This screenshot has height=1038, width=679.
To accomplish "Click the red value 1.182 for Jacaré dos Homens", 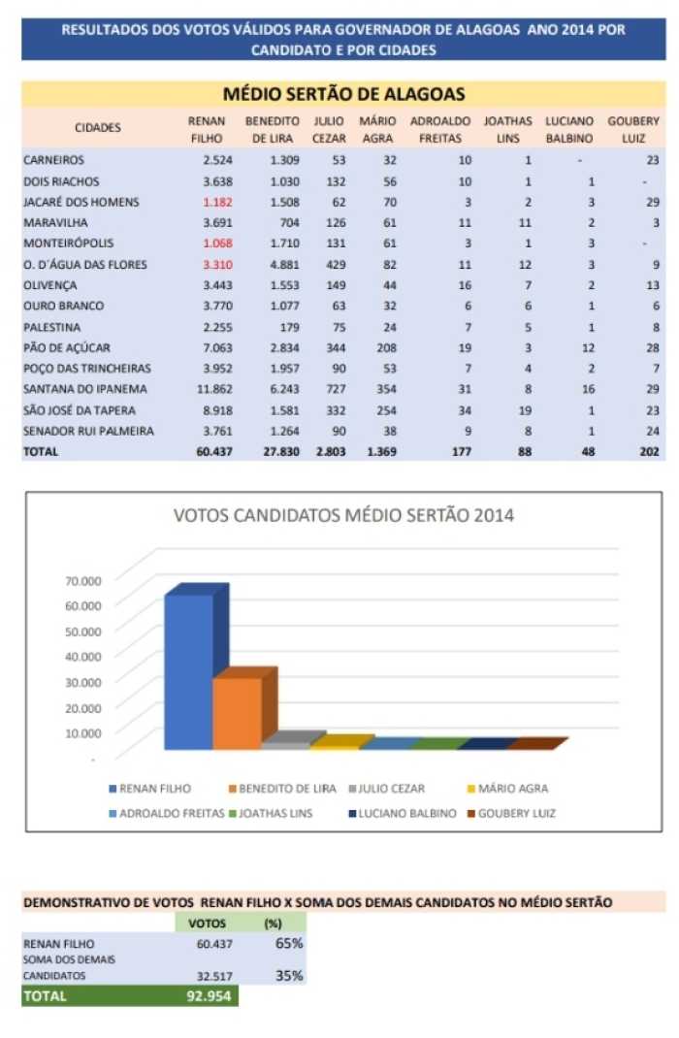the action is click(x=217, y=202).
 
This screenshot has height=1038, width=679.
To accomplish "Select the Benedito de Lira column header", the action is click(x=272, y=130).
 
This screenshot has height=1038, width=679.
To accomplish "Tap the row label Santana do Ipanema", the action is click(x=85, y=389).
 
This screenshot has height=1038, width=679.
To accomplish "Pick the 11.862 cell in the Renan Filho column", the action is click(x=214, y=389).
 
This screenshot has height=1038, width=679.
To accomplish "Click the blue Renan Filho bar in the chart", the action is click(x=188, y=672).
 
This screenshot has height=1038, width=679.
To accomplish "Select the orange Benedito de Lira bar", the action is click(x=237, y=714).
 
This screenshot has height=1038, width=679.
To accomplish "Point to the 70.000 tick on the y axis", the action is click(x=83, y=580).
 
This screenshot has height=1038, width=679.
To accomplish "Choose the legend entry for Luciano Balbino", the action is click(x=403, y=813).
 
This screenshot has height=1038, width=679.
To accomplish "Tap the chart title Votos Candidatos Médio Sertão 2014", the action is click(x=343, y=515).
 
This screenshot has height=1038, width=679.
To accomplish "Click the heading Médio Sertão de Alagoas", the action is click(x=343, y=94).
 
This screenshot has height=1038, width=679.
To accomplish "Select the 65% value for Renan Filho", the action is click(x=289, y=943).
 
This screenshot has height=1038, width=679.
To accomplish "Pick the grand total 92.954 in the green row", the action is click(x=210, y=995).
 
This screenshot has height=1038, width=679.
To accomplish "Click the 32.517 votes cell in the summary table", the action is click(x=214, y=976).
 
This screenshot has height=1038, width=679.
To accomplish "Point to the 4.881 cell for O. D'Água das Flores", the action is click(x=284, y=264).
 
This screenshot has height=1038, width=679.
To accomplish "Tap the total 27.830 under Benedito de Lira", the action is click(x=281, y=451).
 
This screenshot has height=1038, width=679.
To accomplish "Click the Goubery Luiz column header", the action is click(x=633, y=130).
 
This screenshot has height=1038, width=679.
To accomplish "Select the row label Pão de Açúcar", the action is click(x=67, y=347).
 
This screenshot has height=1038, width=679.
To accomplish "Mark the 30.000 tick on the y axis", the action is click(x=83, y=682).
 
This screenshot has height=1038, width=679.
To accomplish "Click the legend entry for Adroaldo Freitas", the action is click(x=167, y=813).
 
